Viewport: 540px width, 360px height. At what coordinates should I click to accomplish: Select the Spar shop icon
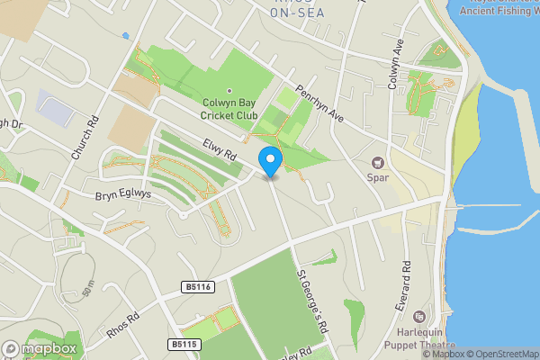coord(378,163)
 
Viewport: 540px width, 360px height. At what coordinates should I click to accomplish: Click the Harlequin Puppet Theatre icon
coord(418,316)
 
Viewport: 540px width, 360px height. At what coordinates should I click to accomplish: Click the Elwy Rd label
coord(219,148)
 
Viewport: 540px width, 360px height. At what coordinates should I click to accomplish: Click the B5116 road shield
coord(196,287)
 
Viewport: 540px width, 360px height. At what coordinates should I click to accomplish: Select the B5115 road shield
coord(183,344)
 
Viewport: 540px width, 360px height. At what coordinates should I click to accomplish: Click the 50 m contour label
coord(87,288)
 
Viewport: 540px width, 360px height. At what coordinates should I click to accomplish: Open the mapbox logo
coord(40,348)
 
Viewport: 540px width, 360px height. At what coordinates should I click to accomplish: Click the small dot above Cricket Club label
coord(229,91)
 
